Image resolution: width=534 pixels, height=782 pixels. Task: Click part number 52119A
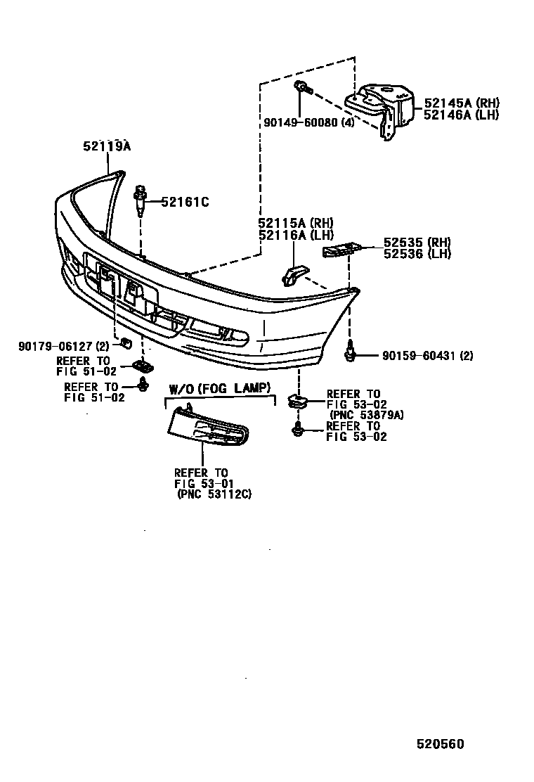point(108,146)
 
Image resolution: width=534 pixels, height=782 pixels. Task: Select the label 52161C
point(185,203)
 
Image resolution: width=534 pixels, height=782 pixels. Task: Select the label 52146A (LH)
point(461,115)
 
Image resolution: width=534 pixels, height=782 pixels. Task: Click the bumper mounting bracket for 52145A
point(382,113)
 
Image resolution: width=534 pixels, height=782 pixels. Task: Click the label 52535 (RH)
point(417,243)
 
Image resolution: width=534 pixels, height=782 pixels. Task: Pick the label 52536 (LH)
point(417,254)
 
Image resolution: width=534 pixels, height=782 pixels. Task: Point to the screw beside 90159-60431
point(349,353)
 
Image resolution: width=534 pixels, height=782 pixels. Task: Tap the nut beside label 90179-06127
point(127,343)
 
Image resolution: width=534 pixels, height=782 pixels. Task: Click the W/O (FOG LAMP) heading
point(219,389)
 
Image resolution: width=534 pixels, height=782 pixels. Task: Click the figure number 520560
point(439,744)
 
